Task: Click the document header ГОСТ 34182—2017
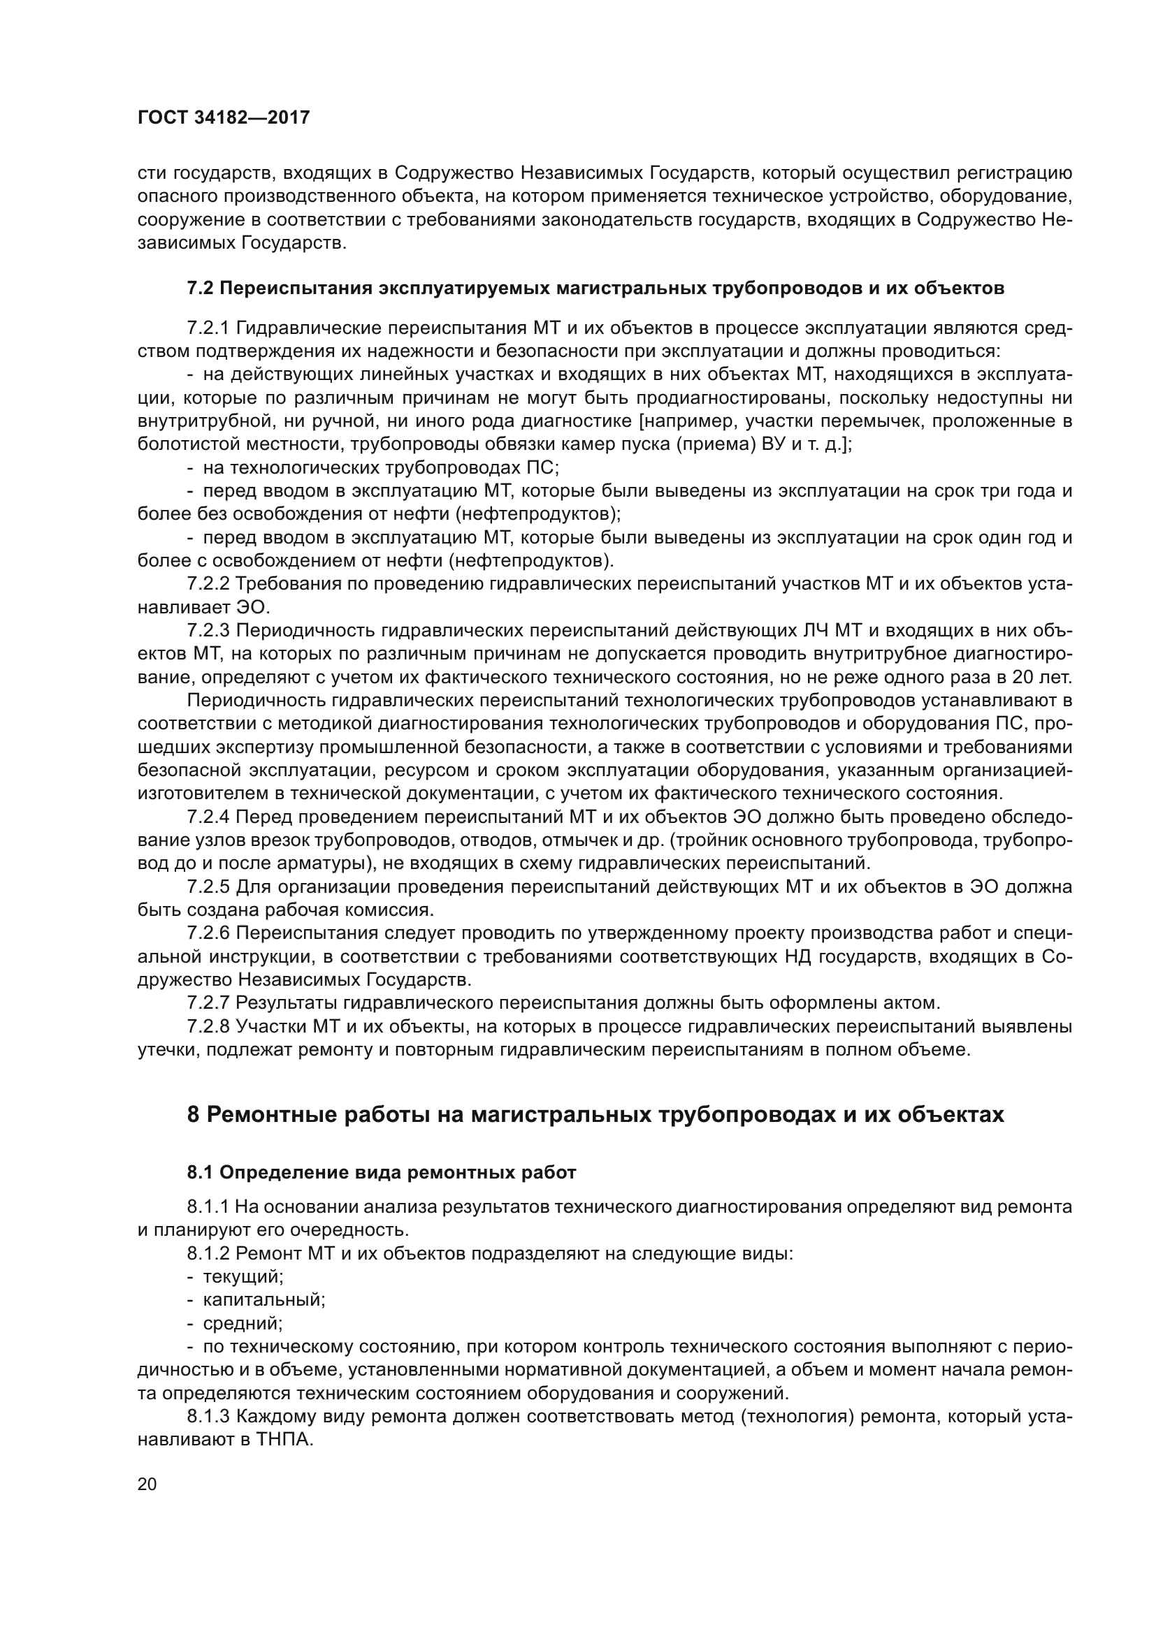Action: [x=224, y=118]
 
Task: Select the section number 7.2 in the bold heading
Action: [x=200, y=289]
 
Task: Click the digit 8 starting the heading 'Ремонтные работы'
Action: [x=193, y=1114]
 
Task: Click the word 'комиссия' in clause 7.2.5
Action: [x=394, y=910]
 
